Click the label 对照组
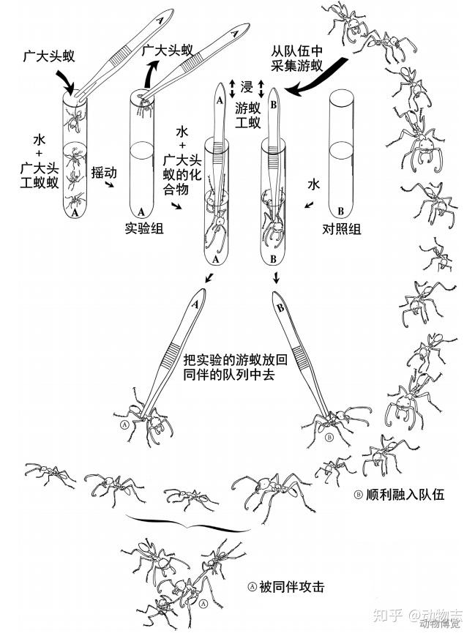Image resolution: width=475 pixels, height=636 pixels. (x=341, y=228)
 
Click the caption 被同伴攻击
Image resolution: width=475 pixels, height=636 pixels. (x=291, y=586)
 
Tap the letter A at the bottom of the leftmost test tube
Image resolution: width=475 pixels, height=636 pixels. (x=73, y=213)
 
